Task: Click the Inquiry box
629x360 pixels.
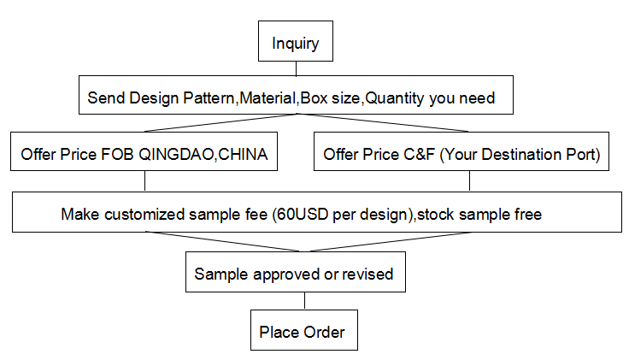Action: tap(296, 41)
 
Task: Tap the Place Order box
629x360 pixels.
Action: tap(304, 330)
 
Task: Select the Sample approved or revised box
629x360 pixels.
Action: tap(296, 272)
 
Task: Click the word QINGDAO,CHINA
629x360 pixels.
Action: tap(203, 155)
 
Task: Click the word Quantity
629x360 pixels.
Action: tap(395, 98)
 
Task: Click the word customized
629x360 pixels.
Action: tap(144, 215)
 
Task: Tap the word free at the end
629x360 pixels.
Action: tap(528, 215)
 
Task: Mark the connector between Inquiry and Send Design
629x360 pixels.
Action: tap(296, 68)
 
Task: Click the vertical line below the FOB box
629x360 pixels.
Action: tap(144, 181)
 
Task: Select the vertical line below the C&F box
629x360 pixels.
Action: tap(469, 181)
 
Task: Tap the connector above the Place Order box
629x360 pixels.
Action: tap(304, 301)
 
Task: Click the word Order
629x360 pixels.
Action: tap(324, 333)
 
